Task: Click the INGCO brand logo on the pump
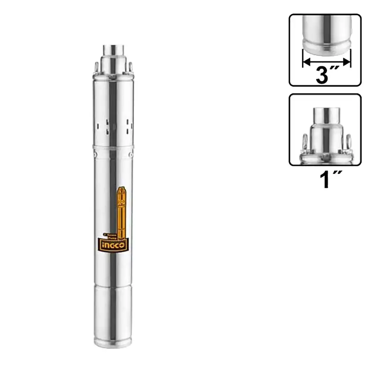coord(114,245)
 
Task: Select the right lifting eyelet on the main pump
coord(130,66)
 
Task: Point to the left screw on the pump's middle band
coord(94,153)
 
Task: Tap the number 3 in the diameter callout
coord(322,75)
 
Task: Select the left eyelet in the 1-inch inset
coord(305,143)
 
